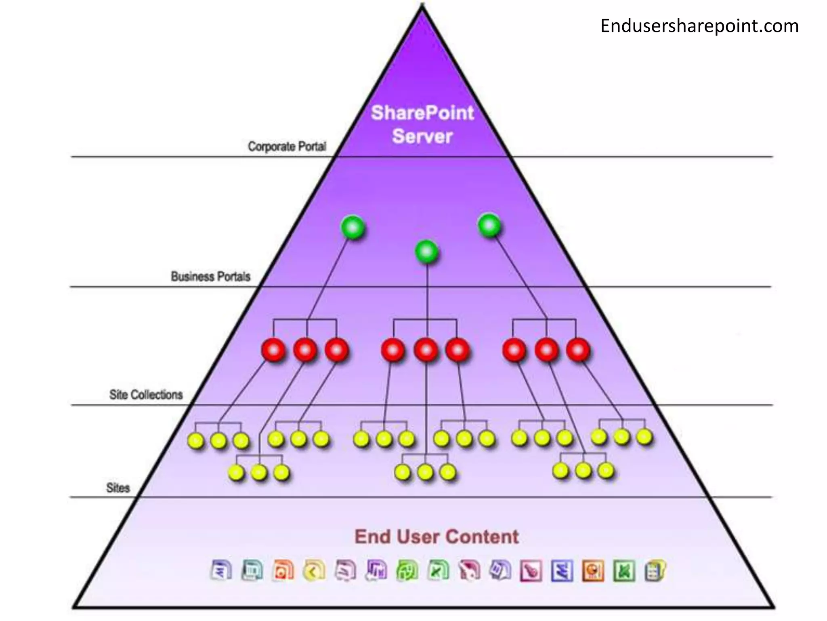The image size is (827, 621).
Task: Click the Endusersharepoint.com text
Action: (x=699, y=26)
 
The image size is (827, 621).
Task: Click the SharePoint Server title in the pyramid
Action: (x=422, y=124)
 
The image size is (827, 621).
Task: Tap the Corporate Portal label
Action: (x=287, y=146)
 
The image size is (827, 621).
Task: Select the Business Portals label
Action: (x=210, y=277)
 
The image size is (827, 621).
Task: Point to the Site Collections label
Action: (x=146, y=395)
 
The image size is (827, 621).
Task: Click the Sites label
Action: (x=118, y=488)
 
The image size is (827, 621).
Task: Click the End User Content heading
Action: (x=437, y=537)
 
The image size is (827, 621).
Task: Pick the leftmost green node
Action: (x=353, y=228)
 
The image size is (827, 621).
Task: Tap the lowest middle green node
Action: (x=426, y=252)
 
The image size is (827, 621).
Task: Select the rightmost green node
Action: (x=489, y=225)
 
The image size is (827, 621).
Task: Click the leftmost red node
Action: (x=273, y=350)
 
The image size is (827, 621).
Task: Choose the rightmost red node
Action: (x=578, y=350)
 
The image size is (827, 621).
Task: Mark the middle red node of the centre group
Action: (x=426, y=350)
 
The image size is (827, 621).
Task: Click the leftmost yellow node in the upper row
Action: (x=196, y=441)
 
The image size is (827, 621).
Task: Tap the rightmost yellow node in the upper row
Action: (x=644, y=437)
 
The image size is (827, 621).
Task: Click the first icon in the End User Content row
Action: (x=221, y=570)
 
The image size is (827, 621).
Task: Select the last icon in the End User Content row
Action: (x=655, y=570)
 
